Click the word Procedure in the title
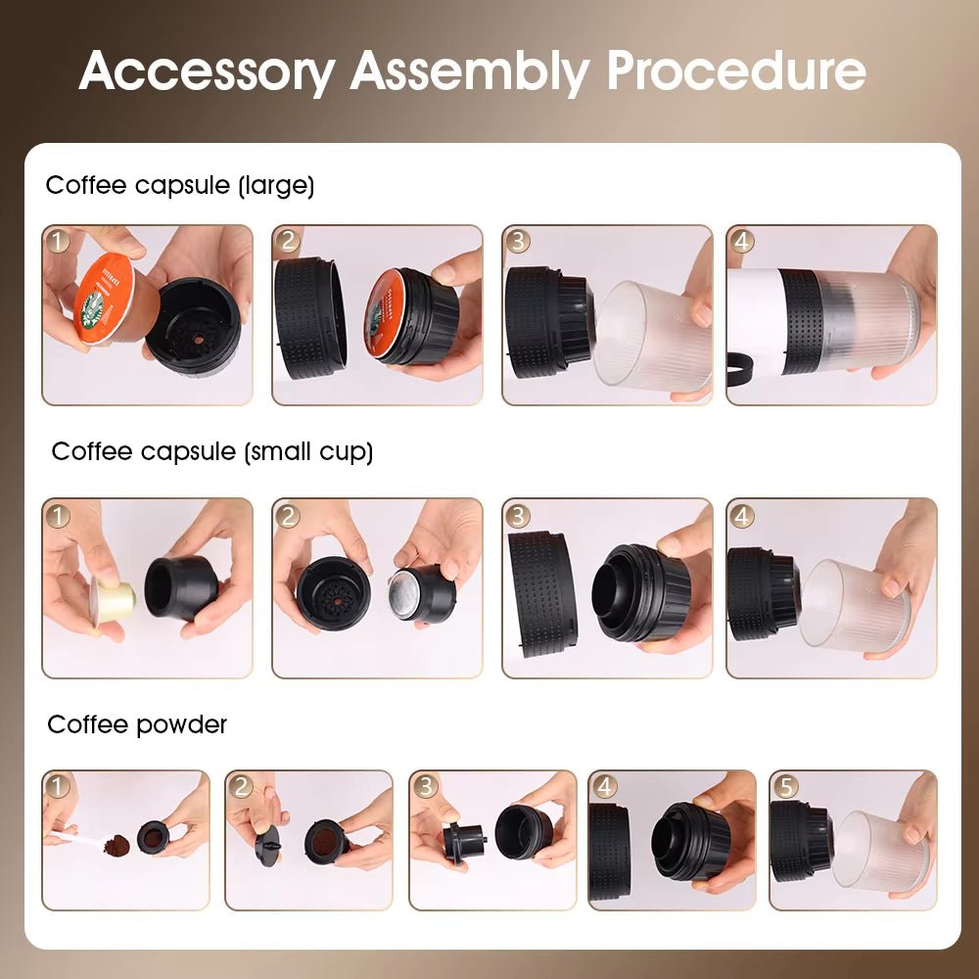[x=735, y=70]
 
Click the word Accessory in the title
[x=207, y=70]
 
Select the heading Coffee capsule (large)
[x=180, y=185]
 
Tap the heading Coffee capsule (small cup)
[x=212, y=451]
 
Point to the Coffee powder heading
[x=137, y=724]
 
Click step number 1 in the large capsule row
[x=58, y=241]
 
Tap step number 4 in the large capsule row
[x=742, y=241]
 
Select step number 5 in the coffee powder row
[x=785, y=785]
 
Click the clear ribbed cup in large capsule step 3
[x=651, y=338]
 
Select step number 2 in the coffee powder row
[x=242, y=785]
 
